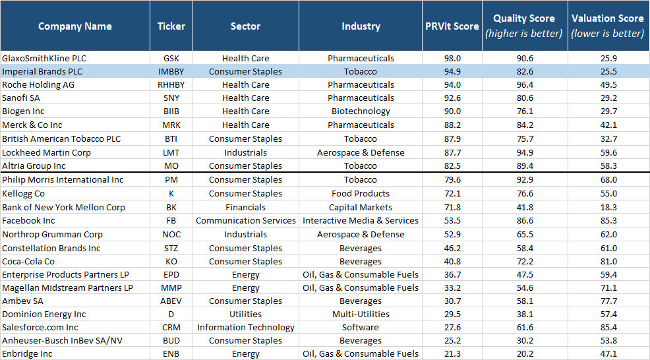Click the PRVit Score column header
pyautogui.click(x=452, y=26)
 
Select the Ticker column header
pyautogui.click(x=171, y=26)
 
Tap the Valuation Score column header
pyautogui.click(x=607, y=26)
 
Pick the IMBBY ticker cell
pyautogui.click(x=171, y=71)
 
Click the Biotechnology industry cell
pyautogui.click(x=361, y=111)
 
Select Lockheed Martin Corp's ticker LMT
pyautogui.click(x=171, y=152)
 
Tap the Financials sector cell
pyautogui.click(x=245, y=207)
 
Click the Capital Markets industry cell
pyautogui.click(x=361, y=207)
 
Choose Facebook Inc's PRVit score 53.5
pyautogui.click(x=452, y=221)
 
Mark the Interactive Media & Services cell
pyautogui.click(x=361, y=221)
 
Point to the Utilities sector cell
pyautogui.click(x=245, y=315)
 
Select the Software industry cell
pyautogui.click(x=361, y=328)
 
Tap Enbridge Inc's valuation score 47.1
pyautogui.click(x=607, y=354)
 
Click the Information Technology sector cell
pyautogui.click(x=245, y=328)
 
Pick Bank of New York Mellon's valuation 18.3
pyautogui.click(x=607, y=207)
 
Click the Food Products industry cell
pyautogui.click(x=361, y=194)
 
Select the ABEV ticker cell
pyautogui.click(x=171, y=301)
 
